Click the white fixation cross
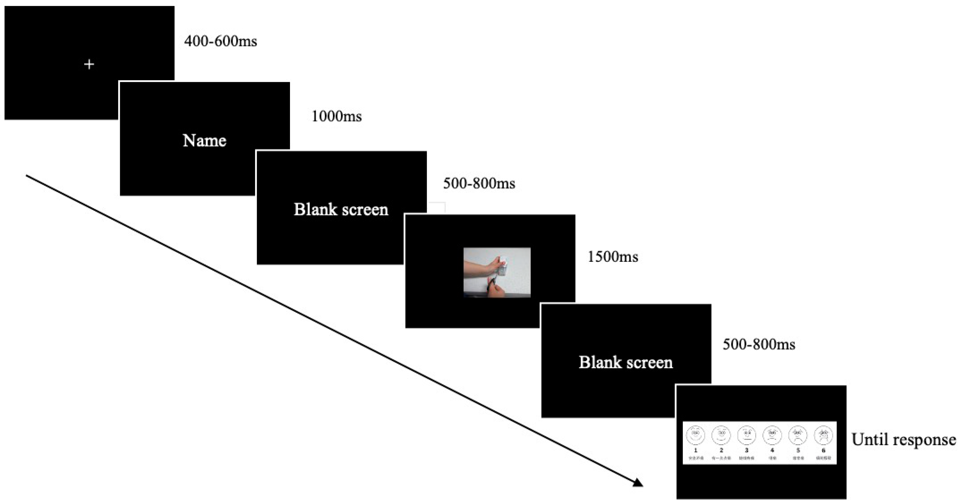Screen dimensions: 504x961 click(x=89, y=64)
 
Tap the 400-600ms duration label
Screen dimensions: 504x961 click(x=221, y=41)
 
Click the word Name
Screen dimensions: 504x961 click(x=204, y=141)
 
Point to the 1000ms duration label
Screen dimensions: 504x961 click(x=337, y=117)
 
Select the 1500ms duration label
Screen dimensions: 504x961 click(x=613, y=257)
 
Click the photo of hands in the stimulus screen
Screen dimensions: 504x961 click(x=497, y=272)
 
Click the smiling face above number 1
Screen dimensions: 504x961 click(x=695, y=435)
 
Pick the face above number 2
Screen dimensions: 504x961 click(x=721, y=435)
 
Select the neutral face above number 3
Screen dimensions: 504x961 click(x=747, y=435)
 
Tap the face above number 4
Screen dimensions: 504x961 click(x=772, y=435)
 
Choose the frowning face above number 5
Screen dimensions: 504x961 click(x=798, y=435)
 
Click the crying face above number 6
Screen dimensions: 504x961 click(x=823, y=435)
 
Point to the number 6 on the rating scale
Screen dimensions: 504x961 click(x=823, y=450)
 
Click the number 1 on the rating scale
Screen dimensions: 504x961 click(x=695, y=450)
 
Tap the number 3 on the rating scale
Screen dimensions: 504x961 click(x=747, y=450)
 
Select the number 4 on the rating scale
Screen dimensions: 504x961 click(x=772, y=450)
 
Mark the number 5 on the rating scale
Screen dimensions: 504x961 click(x=798, y=450)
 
